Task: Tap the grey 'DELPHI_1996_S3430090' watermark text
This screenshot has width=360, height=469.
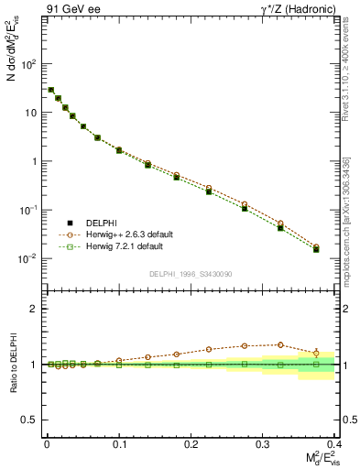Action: click(x=190, y=274)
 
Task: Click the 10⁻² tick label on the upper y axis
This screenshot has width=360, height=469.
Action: click(x=30, y=258)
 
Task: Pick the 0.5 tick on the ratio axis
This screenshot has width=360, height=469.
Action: click(x=32, y=420)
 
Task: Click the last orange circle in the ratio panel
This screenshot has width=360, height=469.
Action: click(x=316, y=352)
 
